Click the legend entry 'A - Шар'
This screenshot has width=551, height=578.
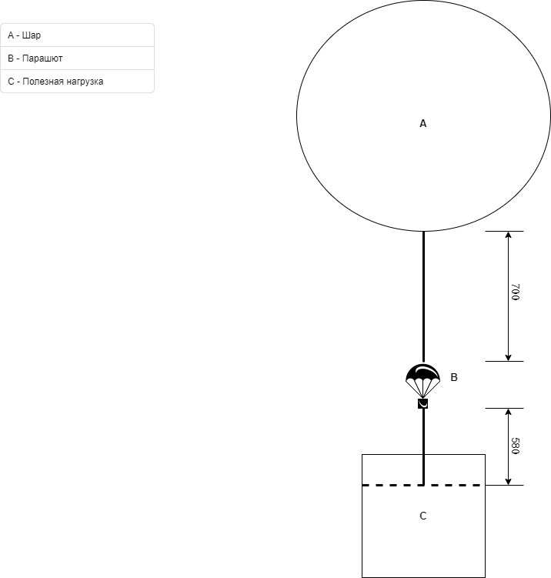tap(25, 35)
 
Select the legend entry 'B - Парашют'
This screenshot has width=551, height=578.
tap(35, 58)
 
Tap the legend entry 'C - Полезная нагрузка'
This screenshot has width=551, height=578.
tap(55, 82)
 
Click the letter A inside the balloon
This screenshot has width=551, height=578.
tap(423, 123)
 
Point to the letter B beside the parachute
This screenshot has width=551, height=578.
tap(454, 377)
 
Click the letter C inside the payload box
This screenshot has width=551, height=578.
tap(423, 516)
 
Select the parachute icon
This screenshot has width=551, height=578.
tap(422, 381)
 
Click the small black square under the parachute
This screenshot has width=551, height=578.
tap(422, 403)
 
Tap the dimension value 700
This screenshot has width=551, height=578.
tap(516, 292)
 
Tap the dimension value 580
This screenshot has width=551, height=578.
tap(516, 446)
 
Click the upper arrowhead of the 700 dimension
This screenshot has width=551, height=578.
tap(508, 235)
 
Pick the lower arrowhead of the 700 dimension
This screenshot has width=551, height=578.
tap(508, 358)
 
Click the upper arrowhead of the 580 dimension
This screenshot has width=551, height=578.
tap(508, 412)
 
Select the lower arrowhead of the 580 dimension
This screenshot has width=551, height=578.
tap(508, 482)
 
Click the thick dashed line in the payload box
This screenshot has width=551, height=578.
tap(422, 485)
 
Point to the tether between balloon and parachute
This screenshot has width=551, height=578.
tap(423, 297)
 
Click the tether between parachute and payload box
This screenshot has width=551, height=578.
tap(423, 446)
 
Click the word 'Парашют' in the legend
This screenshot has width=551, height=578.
tap(42, 58)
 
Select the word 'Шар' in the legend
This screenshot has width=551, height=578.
tap(32, 35)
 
